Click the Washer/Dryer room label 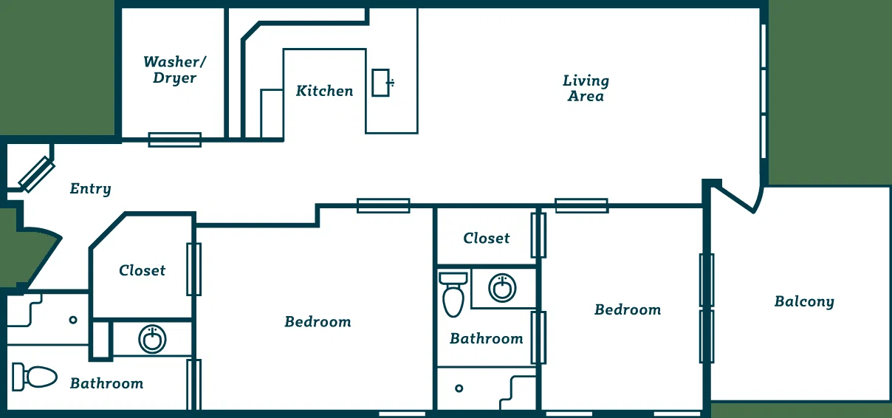[x=175, y=69]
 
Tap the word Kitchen [x=325, y=91]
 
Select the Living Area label [x=586, y=89]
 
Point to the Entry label [x=90, y=189]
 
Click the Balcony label [x=804, y=302]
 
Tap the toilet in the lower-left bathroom [x=34, y=377]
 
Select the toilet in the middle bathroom [x=453, y=295]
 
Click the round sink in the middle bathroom [x=503, y=288]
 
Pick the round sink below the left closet [x=152, y=339]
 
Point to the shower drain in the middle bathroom [x=459, y=388]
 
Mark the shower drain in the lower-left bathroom [x=73, y=320]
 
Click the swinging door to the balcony [x=737, y=199]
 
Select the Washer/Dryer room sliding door [x=175, y=140]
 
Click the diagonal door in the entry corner [x=37, y=175]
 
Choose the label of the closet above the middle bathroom [x=486, y=238]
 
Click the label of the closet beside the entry [x=143, y=270]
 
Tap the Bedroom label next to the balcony [x=628, y=309]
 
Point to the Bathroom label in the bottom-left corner [x=107, y=383]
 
